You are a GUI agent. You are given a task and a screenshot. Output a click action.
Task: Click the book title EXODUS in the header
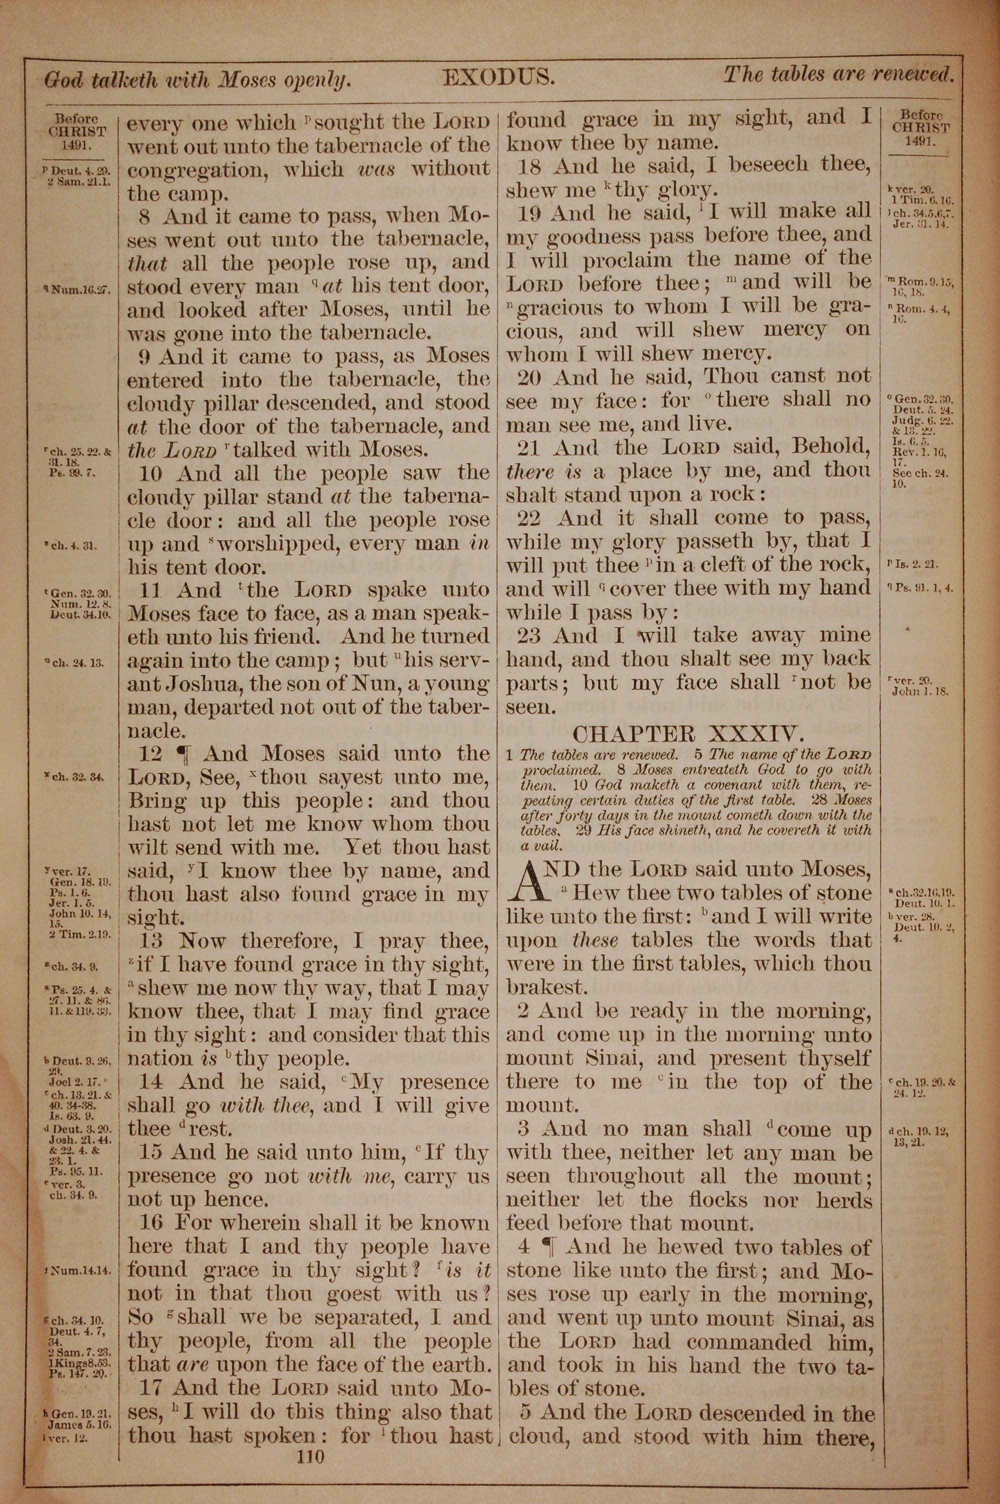(498, 78)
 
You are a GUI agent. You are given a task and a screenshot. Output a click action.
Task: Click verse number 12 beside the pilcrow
(150, 753)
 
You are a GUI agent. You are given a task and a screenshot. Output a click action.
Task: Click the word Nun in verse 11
(364, 683)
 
